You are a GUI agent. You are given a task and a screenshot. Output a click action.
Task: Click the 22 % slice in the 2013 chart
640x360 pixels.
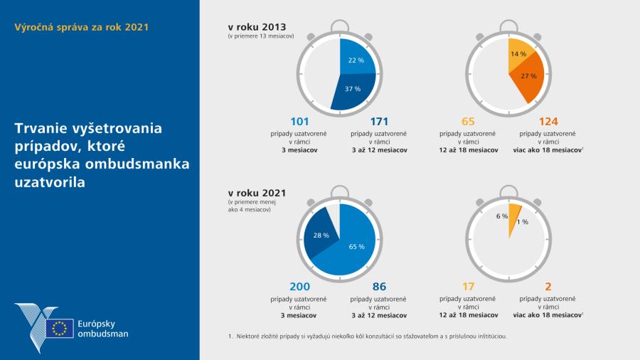355,60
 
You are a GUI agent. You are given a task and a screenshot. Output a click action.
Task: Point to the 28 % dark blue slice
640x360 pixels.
321,235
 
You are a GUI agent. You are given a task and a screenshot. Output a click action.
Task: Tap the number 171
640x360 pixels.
379,122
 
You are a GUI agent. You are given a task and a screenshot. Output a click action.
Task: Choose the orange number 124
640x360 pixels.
549,122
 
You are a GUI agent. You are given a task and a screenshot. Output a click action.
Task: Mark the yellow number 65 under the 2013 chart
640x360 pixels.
468,122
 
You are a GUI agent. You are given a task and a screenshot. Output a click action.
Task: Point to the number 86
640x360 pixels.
379,287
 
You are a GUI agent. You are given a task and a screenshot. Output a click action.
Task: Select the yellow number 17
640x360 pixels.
468,287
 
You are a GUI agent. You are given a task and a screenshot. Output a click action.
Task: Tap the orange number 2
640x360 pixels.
548,287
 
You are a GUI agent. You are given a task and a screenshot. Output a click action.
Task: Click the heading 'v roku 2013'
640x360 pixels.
261,27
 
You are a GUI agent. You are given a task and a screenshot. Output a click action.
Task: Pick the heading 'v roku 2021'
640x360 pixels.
260,192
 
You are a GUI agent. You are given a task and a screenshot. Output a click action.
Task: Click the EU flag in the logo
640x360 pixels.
59,328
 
